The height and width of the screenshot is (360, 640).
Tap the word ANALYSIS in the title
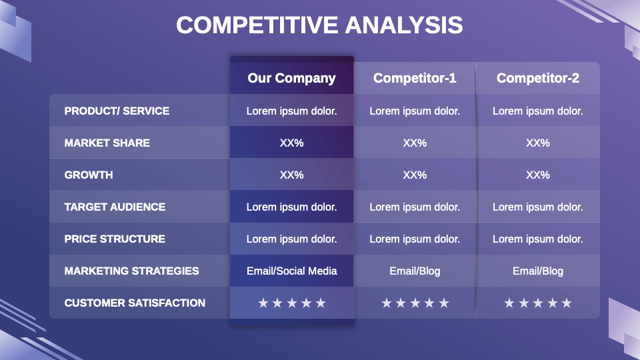[x=404, y=25]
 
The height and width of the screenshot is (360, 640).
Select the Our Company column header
[x=291, y=78]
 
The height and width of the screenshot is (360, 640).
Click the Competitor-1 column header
[x=415, y=78]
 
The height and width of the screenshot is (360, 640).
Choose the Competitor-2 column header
[x=538, y=78]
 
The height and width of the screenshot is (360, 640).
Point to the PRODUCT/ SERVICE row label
[x=117, y=111]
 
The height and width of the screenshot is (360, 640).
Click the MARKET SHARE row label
[x=107, y=143]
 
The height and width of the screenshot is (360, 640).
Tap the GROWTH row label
[x=89, y=175]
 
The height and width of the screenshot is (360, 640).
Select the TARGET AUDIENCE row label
[x=115, y=207]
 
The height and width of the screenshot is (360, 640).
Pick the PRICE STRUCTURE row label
[x=115, y=239]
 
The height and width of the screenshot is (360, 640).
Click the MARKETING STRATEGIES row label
[x=131, y=271]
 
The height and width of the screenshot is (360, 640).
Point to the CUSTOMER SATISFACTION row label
[x=135, y=303]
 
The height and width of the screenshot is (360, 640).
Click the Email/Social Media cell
[x=291, y=271]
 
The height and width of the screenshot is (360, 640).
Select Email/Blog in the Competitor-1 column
[x=415, y=271]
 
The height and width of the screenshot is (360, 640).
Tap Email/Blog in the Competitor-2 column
[x=538, y=271]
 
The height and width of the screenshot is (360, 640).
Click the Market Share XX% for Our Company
[x=291, y=143]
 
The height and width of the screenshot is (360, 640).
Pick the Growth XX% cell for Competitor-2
[x=538, y=175]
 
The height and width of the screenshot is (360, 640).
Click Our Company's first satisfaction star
[x=263, y=303]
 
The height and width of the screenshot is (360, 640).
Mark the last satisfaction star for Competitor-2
[x=567, y=303]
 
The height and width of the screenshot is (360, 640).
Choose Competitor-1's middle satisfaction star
[x=415, y=303]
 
